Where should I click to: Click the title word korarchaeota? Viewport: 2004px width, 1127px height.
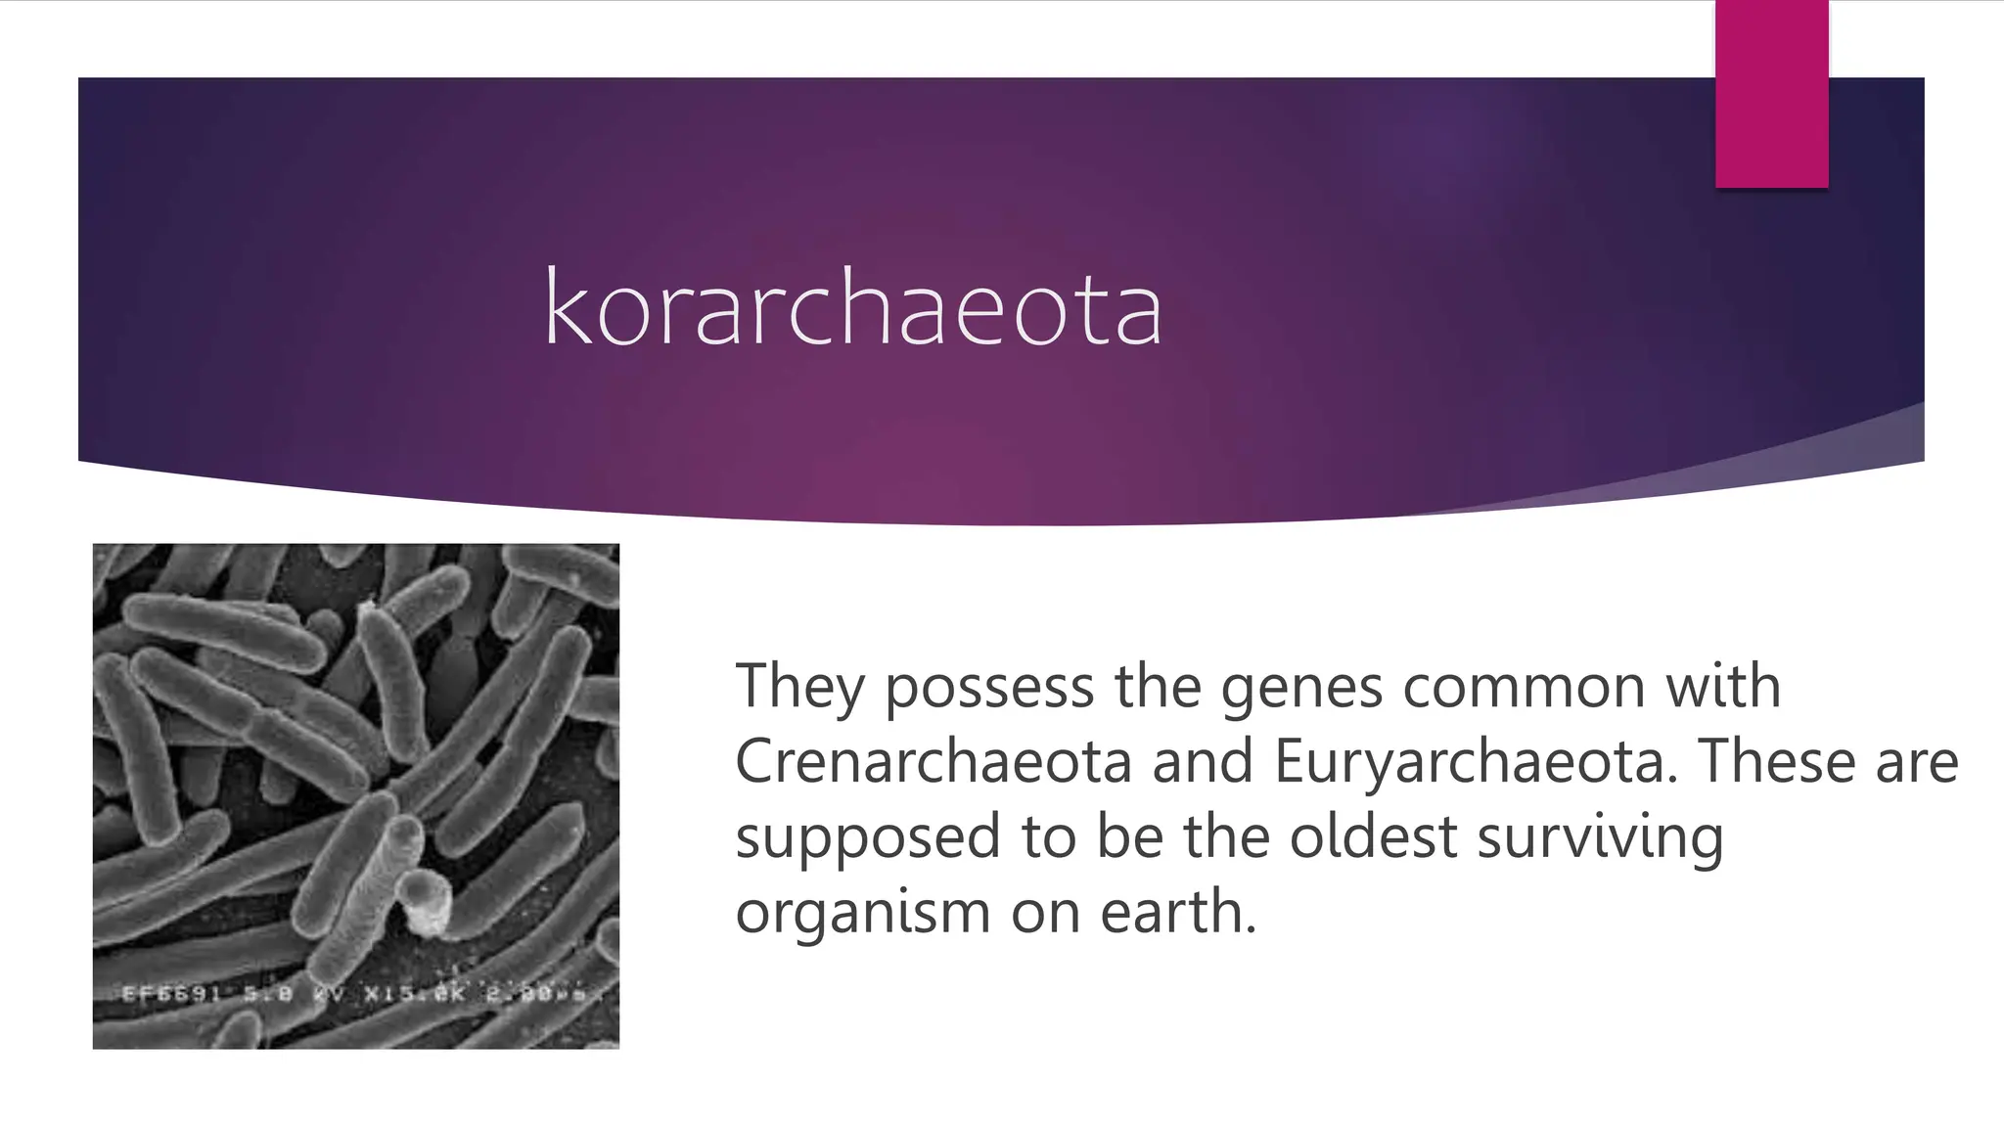click(852, 308)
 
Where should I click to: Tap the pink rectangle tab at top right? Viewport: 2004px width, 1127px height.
click(1771, 93)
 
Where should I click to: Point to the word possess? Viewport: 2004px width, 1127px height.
click(989, 688)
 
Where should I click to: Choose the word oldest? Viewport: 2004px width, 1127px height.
click(1373, 836)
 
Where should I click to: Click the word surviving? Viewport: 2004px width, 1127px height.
click(1600, 838)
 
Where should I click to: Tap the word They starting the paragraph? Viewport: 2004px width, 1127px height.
click(800, 688)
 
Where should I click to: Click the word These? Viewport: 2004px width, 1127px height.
click(1777, 761)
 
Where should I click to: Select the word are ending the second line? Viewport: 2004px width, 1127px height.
click(1917, 763)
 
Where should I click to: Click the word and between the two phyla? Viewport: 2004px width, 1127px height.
click(1203, 761)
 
